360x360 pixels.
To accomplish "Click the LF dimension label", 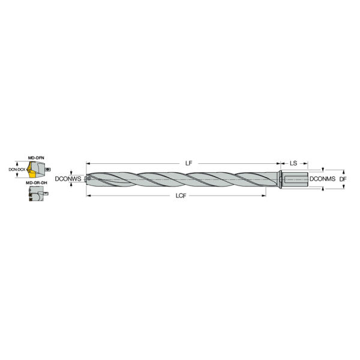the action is [188, 163].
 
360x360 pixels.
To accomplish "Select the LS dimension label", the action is [293, 163].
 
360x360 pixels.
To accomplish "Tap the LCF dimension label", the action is [181, 196].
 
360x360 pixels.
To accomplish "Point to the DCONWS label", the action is [68, 179].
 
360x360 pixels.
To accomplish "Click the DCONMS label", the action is [322, 179].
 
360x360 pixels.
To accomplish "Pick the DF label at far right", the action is [343, 179].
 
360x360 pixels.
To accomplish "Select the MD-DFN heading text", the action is [36, 158].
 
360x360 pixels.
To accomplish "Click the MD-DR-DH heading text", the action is [37, 183].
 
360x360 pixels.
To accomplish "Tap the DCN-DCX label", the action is [17, 170].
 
